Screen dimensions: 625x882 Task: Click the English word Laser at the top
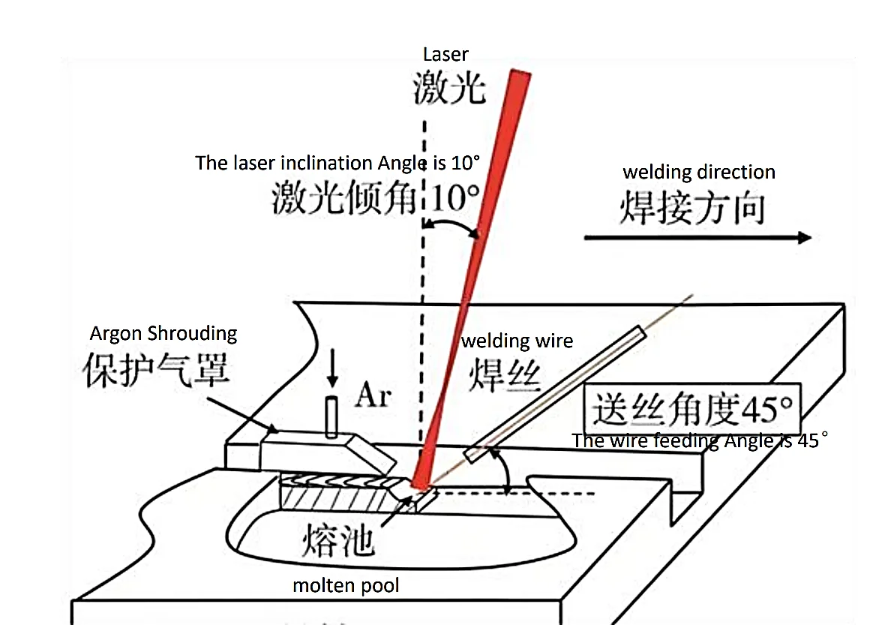coord(445,54)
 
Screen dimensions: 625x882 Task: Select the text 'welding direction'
coord(699,172)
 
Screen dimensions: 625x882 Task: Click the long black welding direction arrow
coord(697,238)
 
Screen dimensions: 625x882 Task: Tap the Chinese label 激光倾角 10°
coord(375,200)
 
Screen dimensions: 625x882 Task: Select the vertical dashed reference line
coord(423,300)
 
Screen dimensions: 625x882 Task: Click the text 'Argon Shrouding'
coord(163,333)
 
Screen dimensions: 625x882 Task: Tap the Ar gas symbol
coord(373,395)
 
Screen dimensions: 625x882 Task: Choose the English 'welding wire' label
coord(517,341)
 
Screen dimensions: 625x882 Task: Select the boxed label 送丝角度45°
coord(692,409)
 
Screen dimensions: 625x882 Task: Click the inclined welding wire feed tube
coord(555,393)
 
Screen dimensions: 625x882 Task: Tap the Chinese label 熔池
coord(338,538)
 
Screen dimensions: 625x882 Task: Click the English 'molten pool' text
coord(346,585)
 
